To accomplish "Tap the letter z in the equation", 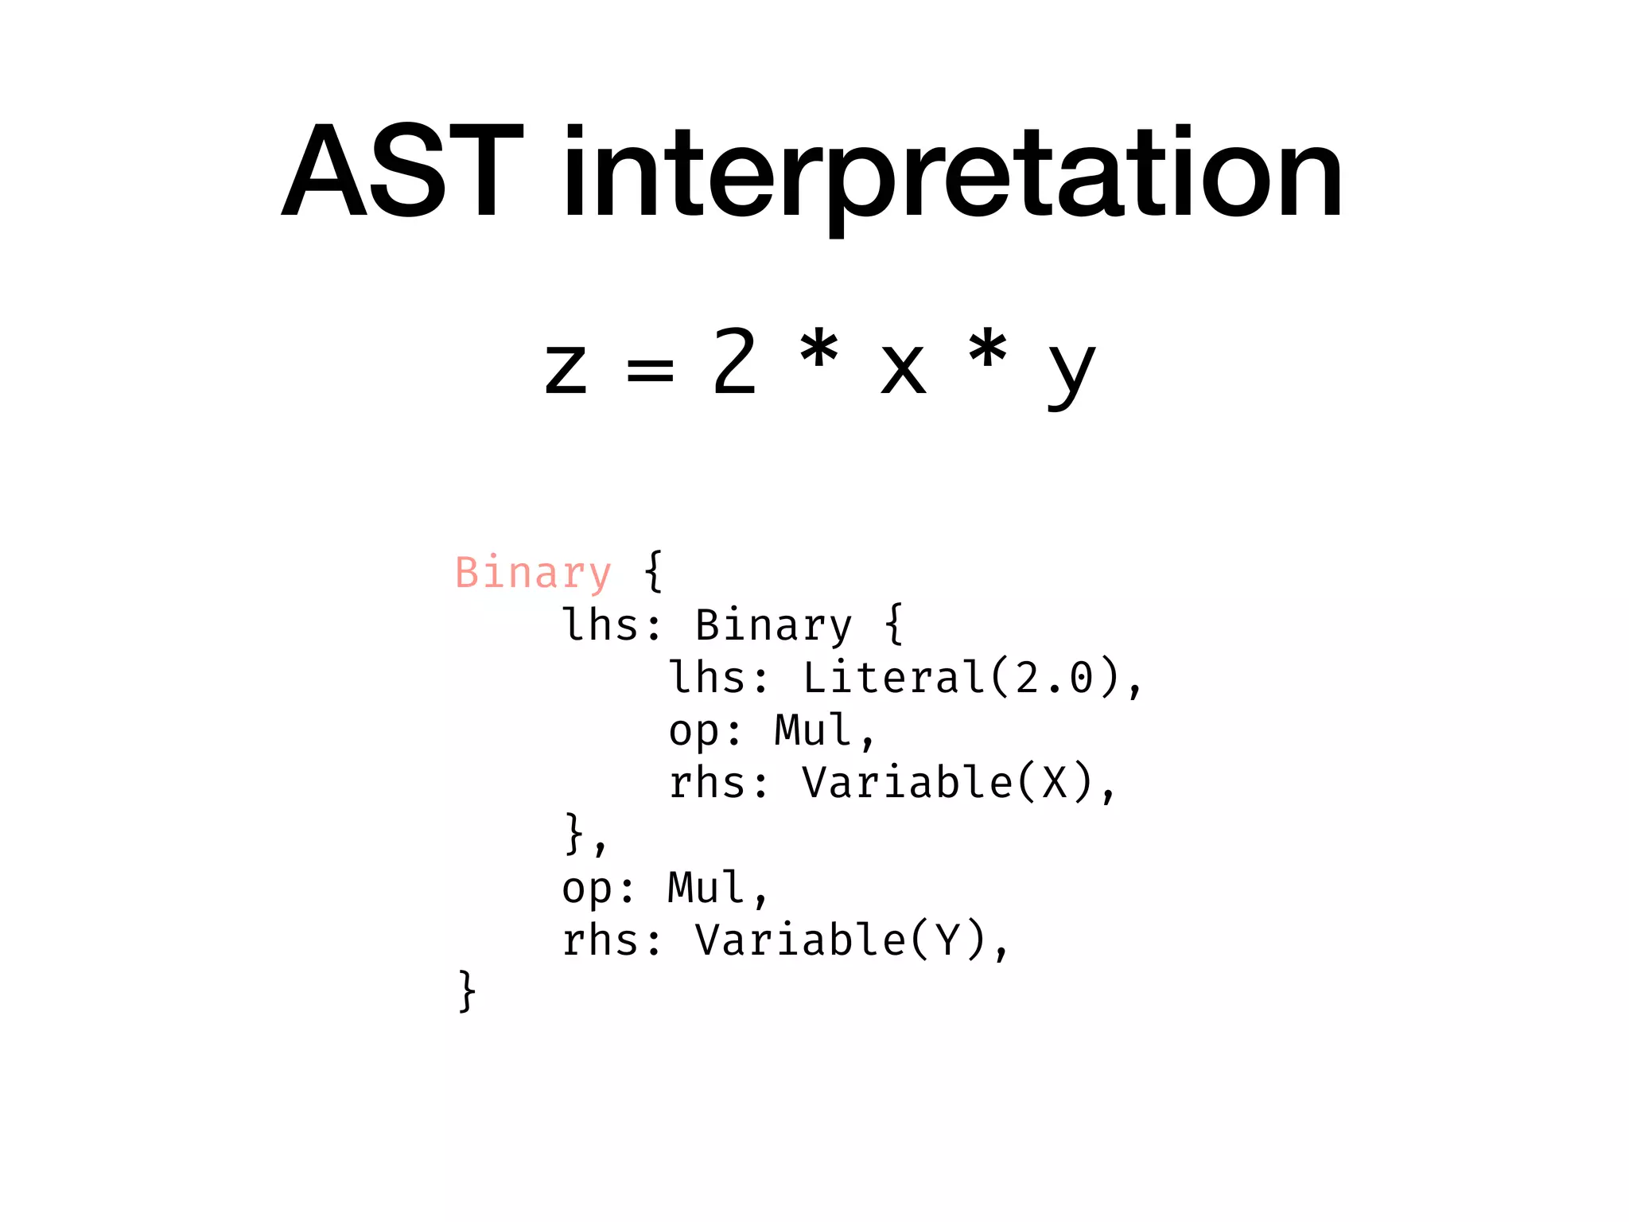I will click(x=566, y=369).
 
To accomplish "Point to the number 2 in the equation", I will click(x=734, y=362).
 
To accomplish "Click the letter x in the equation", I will click(x=904, y=369).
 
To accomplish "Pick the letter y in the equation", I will click(x=1071, y=374).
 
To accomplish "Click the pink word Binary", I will click(x=533, y=573).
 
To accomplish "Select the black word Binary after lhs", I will click(x=773, y=625).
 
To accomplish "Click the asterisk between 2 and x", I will click(x=819, y=350).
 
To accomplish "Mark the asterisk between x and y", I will click(x=988, y=350).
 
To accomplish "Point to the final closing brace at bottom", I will click(x=467, y=991).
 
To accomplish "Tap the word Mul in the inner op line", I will click(x=813, y=730).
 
